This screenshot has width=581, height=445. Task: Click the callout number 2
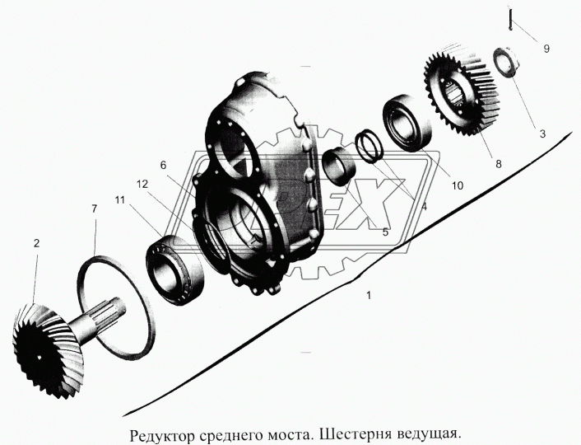click(35, 243)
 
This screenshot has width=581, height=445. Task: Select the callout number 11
click(121, 200)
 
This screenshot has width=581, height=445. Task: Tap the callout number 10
click(458, 185)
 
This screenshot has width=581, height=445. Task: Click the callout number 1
click(370, 294)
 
